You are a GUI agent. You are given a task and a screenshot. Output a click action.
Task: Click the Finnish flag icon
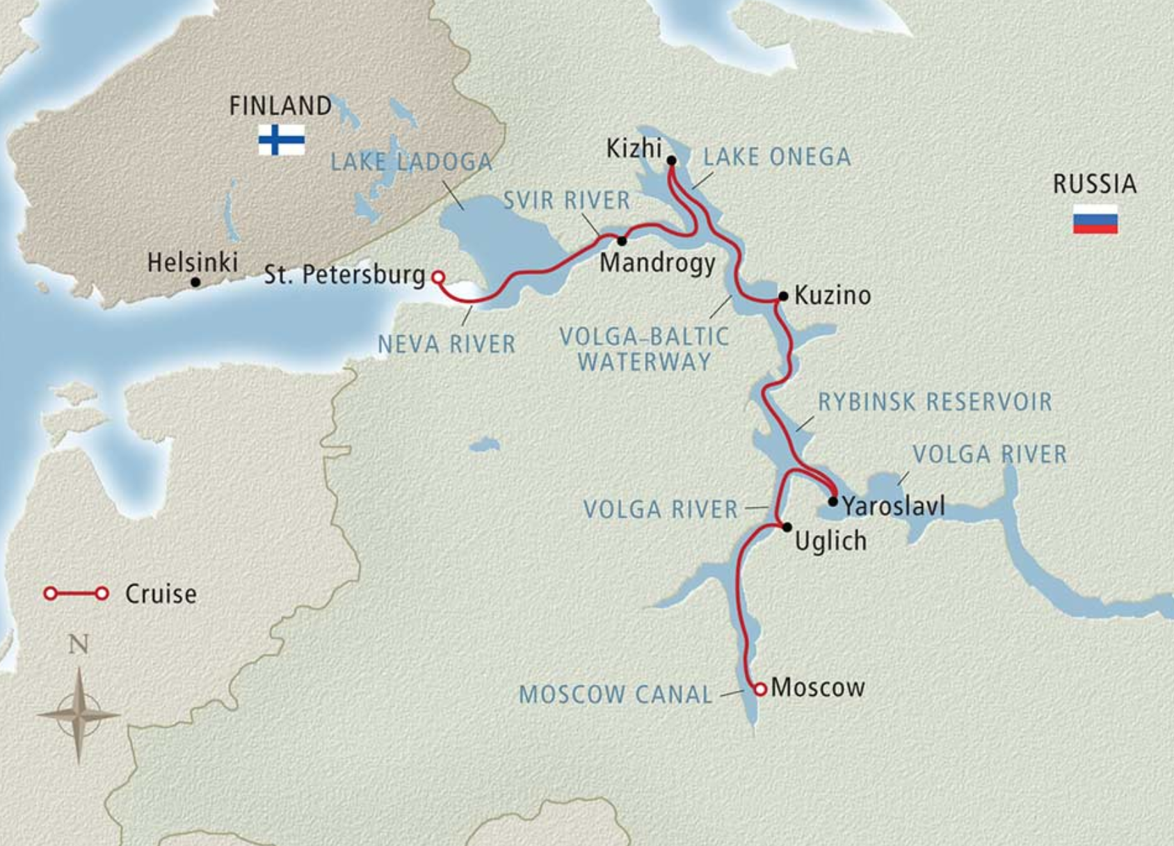point(281,140)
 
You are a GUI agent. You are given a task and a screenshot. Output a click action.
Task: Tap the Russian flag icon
point(1095,219)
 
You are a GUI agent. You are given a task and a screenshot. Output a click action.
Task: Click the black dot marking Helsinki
point(195,282)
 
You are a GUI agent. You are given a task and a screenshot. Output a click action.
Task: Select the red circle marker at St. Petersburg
point(437,277)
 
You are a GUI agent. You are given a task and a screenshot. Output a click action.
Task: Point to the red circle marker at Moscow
point(760,689)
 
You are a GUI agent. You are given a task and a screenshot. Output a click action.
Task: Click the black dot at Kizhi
point(671,161)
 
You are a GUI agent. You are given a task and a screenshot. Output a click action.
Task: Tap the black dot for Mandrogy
point(622,241)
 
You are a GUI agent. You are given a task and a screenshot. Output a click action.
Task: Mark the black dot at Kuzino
point(782,296)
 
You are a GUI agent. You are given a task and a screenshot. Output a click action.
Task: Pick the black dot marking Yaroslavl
point(833,501)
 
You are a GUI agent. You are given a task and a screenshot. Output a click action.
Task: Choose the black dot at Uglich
point(787,527)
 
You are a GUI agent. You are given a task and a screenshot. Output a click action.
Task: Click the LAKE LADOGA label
point(410,162)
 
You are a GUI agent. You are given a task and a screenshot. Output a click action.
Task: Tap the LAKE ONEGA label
point(777,157)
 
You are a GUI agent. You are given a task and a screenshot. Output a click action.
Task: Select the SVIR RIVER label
point(566,200)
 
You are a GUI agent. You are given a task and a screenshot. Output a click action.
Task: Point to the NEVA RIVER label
point(447,344)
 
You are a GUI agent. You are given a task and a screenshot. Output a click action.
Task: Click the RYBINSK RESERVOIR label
point(935,401)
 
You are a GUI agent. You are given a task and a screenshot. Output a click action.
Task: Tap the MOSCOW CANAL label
point(616,694)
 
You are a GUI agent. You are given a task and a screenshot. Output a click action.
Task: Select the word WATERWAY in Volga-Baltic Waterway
point(644,362)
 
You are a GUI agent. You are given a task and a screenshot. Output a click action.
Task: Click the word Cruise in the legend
point(161,593)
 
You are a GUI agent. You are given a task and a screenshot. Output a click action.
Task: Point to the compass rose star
point(79,715)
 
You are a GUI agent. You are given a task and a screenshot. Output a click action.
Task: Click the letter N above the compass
point(79,644)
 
